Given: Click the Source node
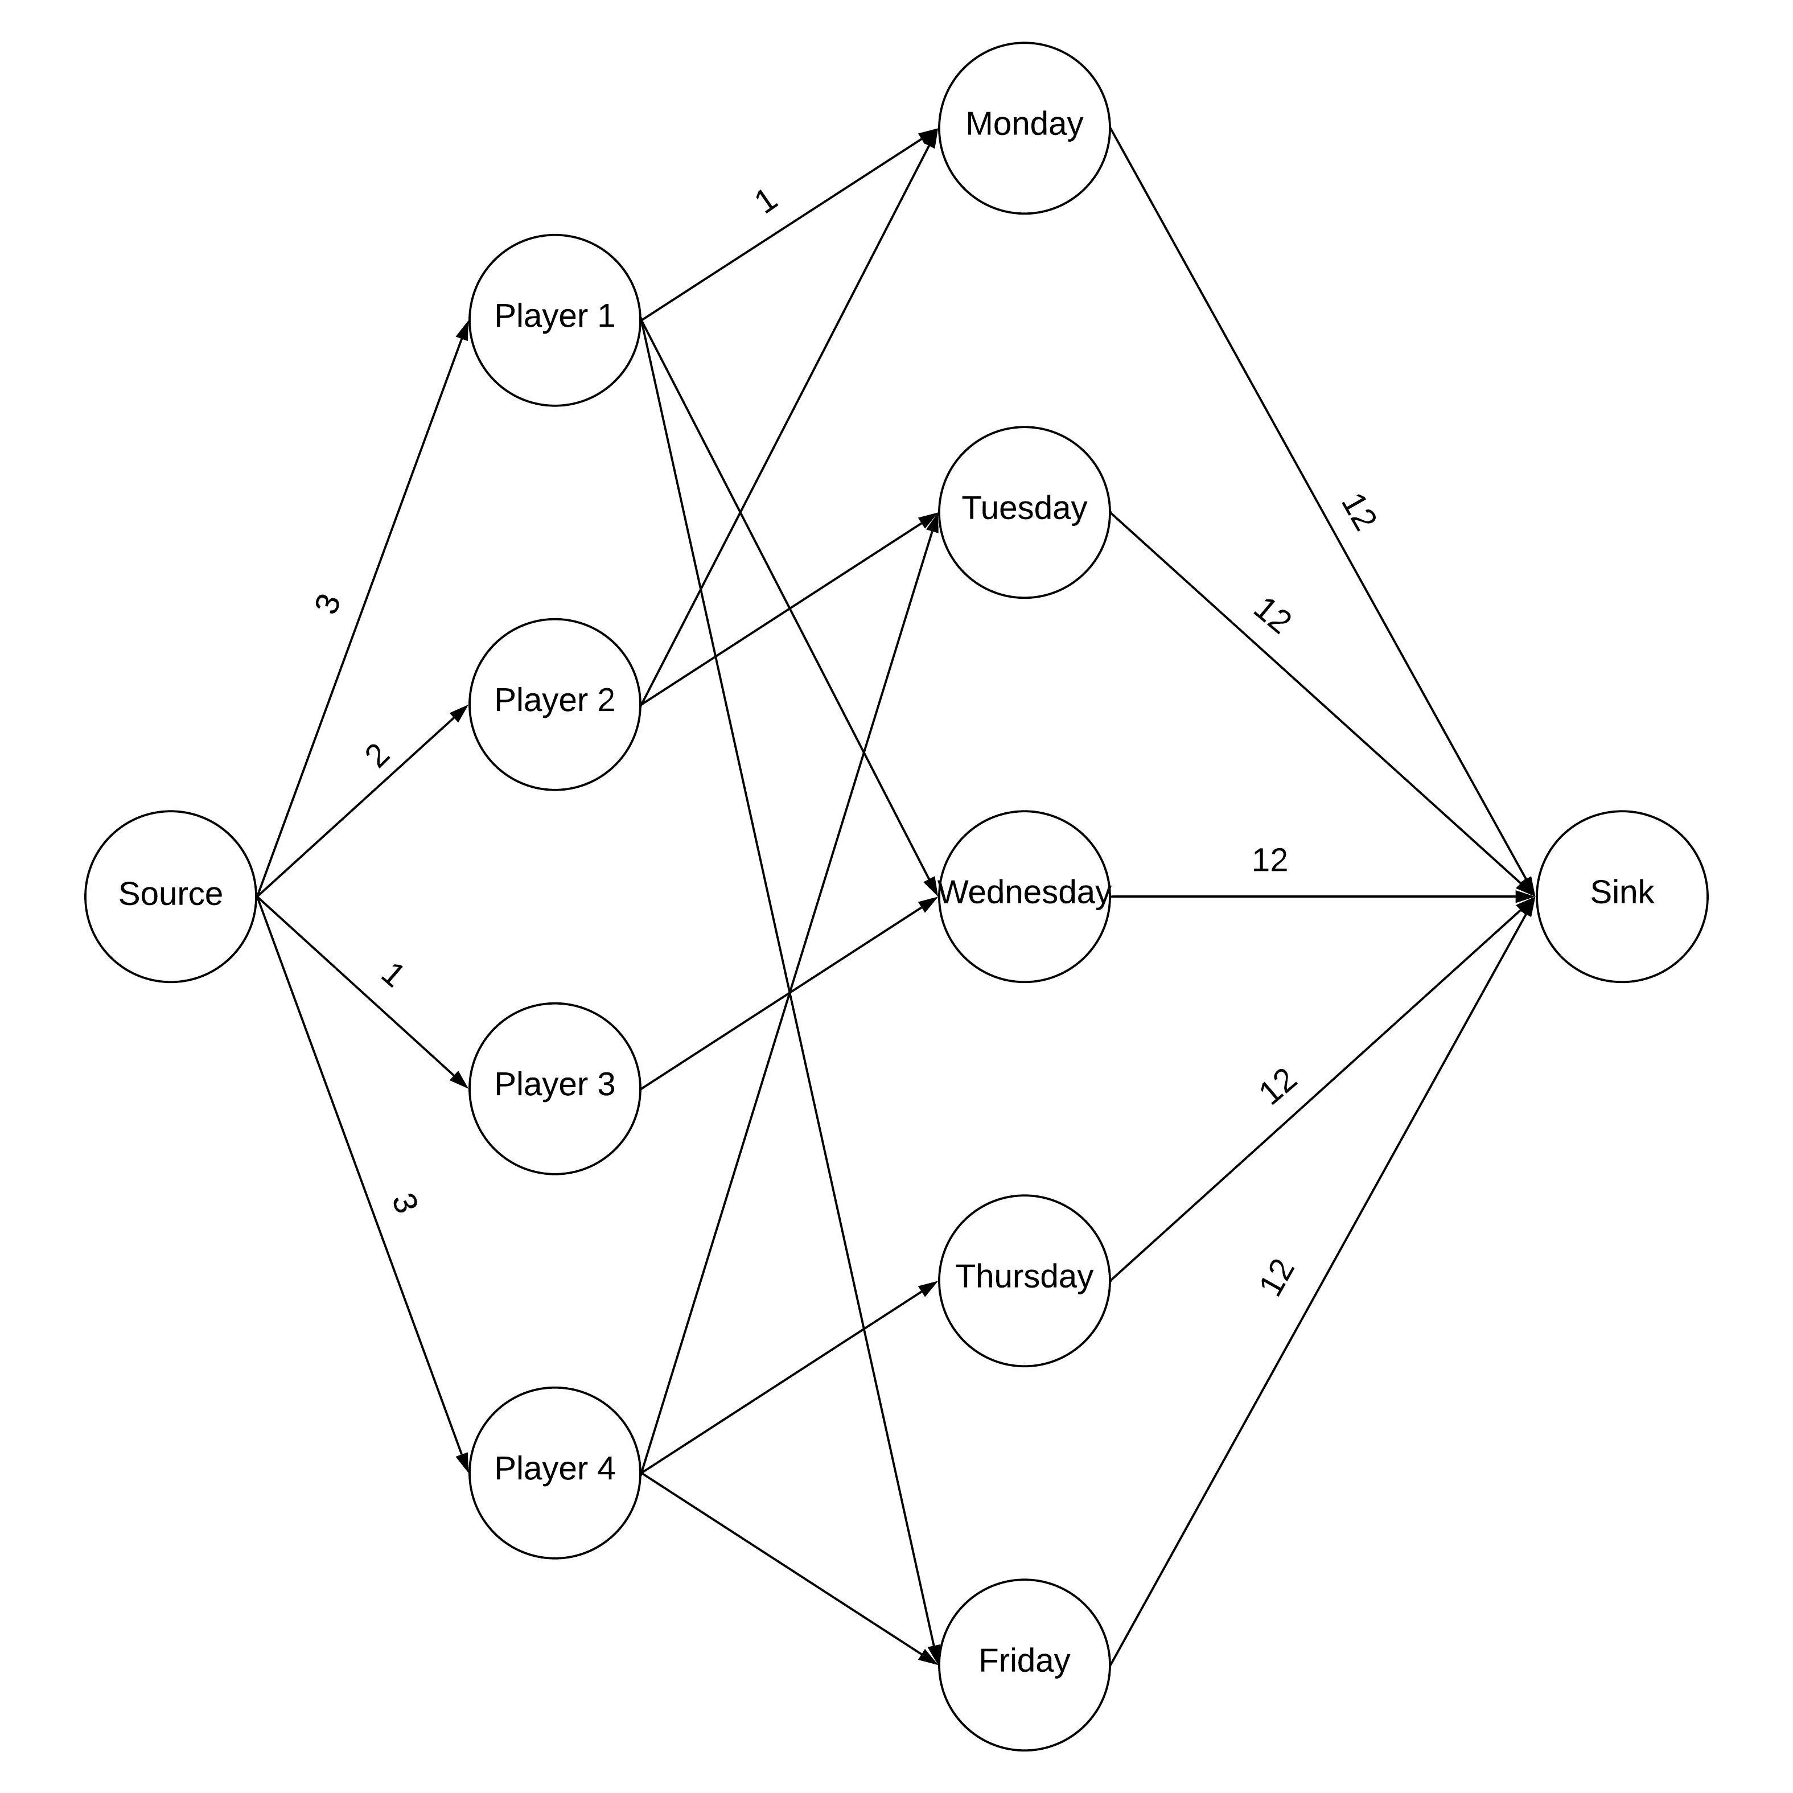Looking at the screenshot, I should pos(171,896).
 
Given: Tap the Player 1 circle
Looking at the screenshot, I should pos(555,320).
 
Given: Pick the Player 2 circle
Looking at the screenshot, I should pos(555,705).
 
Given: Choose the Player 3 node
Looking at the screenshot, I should pos(555,1088).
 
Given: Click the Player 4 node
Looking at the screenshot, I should pos(555,1473).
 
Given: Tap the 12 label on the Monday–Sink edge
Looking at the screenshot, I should pos(1358,512).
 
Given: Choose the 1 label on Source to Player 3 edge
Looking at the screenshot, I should pos(392,976).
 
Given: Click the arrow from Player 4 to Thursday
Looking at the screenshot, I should pos(789,1376).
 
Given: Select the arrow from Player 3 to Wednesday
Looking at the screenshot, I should pos(789,993).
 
